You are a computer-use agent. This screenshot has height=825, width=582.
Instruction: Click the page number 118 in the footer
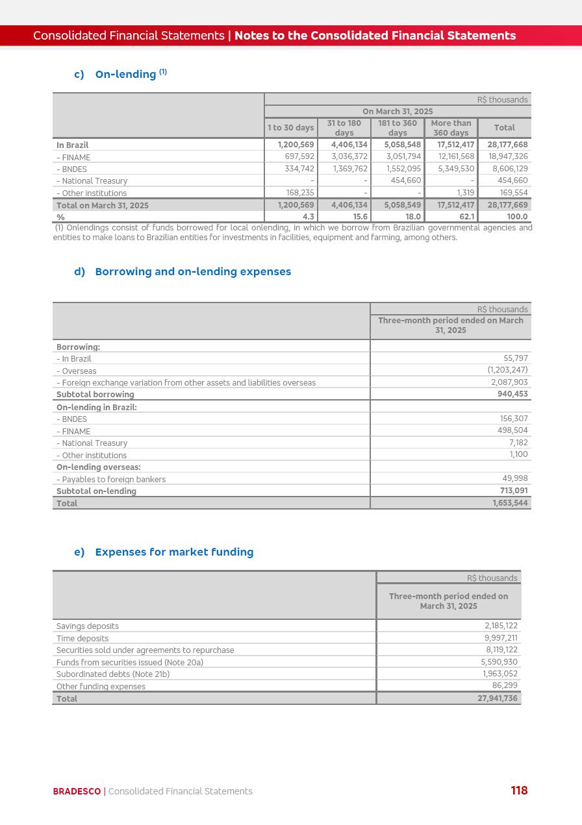[x=519, y=791]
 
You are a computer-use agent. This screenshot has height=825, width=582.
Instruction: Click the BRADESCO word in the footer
[x=77, y=791]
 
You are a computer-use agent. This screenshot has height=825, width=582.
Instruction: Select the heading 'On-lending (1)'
[x=130, y=74]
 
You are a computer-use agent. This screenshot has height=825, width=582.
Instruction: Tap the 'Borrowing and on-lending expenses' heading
[x=192, y=271]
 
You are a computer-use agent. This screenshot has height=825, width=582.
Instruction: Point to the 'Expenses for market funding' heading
[x=173, y=552]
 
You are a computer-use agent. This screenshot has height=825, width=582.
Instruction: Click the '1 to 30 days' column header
[x=291, y=128]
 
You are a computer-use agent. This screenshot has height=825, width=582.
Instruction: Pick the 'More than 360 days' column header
[x=451, y=128]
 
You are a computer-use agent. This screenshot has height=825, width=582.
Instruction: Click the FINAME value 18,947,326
[x=507, y=156]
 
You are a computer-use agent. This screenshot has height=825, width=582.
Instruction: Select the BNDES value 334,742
[x=299, y=169]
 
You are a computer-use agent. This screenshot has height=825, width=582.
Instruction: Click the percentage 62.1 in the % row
[x=466, y=217]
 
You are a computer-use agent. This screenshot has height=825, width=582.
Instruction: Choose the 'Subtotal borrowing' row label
[x=95, y=395]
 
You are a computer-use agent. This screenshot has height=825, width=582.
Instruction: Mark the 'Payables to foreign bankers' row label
[x=111, y=480]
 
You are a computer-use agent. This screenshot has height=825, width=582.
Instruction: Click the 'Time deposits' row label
[x=82, y=639]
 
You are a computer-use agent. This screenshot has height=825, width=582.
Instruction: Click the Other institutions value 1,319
[x=465, y=193]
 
